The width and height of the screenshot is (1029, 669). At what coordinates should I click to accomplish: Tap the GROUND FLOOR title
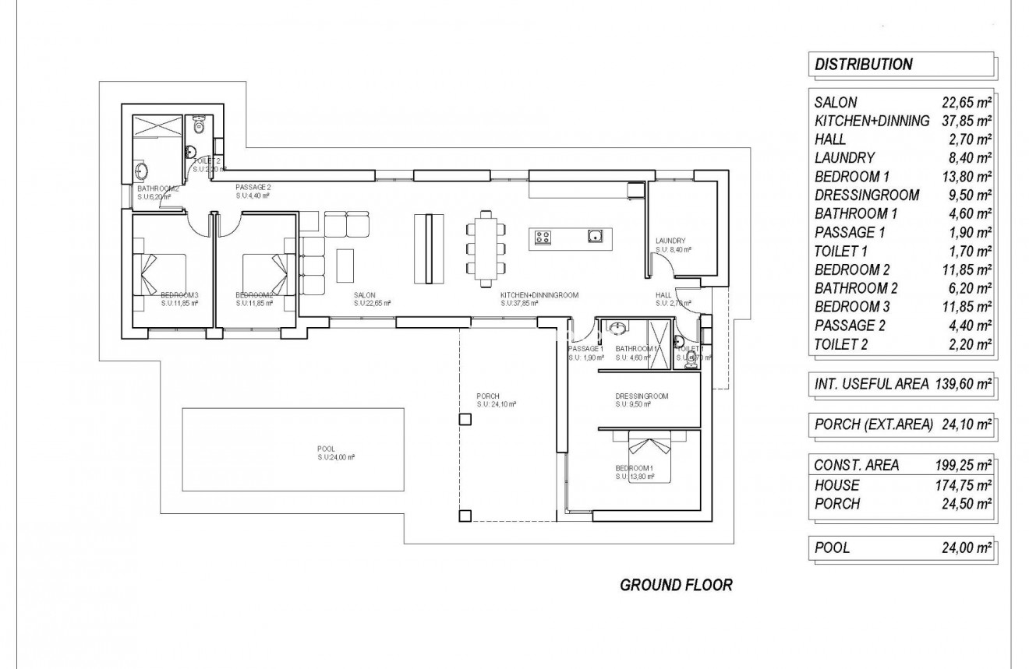pyautogui.click(x=676, y=585)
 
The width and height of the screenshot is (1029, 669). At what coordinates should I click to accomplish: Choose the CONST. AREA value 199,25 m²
pyautogui.click(x=963, y=466)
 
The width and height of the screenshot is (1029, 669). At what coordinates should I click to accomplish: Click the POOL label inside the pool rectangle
pyautogui.click(x=325, y=449)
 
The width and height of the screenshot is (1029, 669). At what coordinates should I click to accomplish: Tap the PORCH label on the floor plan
pyautogui.click(x=487, y=396)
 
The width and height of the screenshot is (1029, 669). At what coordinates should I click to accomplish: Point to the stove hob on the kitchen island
pyautogui.click(x=544, y=237)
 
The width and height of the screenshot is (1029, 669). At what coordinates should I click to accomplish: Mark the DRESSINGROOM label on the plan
pyautogui.click(x=641, y=396)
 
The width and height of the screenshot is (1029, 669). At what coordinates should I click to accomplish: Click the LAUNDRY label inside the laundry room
pyautogui.click(x=670, y=241)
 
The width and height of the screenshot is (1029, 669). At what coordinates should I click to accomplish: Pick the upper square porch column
pyautogui.click(x=465, y=420)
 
